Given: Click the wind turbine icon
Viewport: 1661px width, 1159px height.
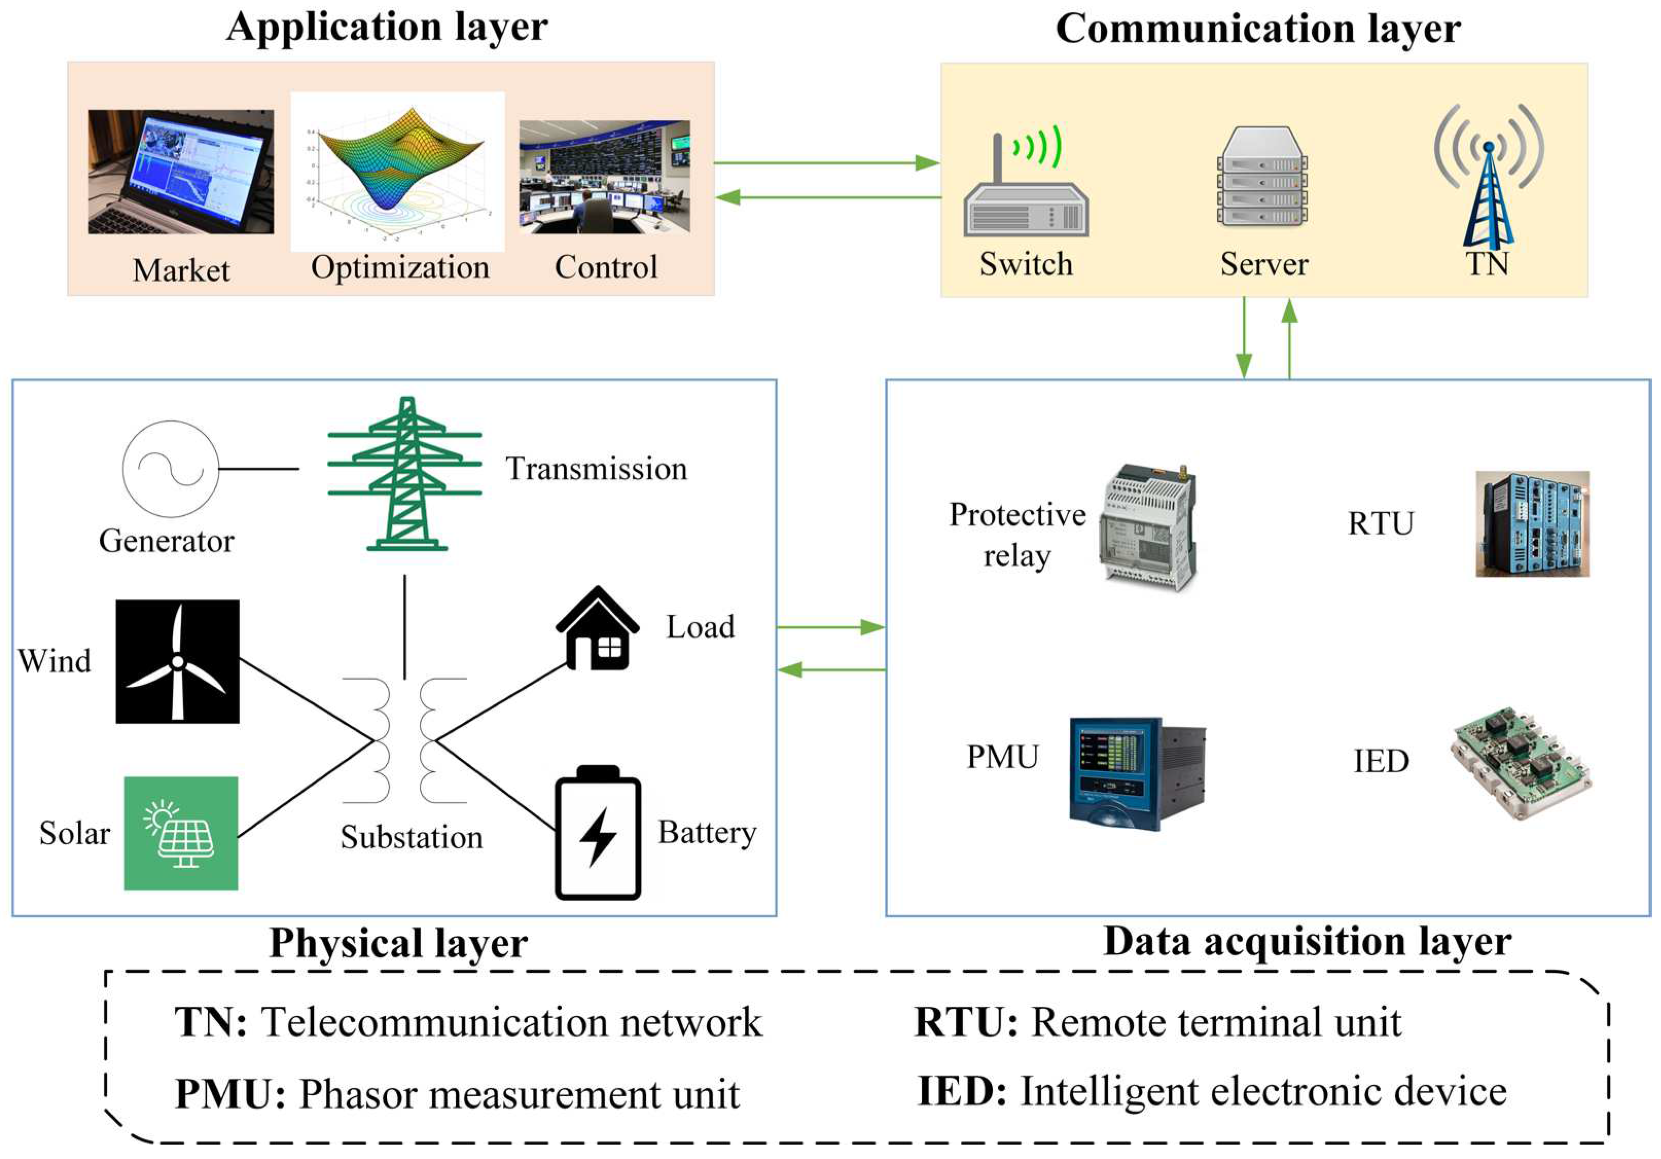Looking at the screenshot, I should tap(177, 661).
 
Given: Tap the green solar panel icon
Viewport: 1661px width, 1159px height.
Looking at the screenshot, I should tap(181, 833).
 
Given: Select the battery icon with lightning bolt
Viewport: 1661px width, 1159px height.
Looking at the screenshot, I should tap(598, 833).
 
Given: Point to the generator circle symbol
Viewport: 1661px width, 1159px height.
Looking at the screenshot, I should tap(171, 469).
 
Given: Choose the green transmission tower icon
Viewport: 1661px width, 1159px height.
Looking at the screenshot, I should tap(405, 474).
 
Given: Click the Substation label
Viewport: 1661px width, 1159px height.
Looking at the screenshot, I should tap(412, 837).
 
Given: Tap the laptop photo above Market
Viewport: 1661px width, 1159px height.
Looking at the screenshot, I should tap(181, 171).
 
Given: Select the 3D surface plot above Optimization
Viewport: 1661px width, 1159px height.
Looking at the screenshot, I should tap(398, 171).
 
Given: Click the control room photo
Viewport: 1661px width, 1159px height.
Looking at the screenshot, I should tap(605, 176).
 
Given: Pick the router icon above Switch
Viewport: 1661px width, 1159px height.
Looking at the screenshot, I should tap(1026, 188).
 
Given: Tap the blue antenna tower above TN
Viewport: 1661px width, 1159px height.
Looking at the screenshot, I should tap(1488, 181).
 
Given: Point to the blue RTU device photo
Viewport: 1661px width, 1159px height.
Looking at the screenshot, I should tap(1532, 524).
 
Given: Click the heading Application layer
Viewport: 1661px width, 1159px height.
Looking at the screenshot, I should tap(387, 27).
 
